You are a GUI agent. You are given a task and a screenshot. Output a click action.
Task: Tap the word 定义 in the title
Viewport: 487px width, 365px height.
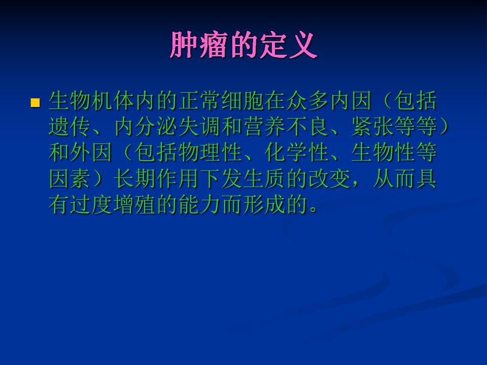pos(288,45)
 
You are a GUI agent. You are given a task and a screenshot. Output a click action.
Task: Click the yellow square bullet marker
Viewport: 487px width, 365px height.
pos(36,103)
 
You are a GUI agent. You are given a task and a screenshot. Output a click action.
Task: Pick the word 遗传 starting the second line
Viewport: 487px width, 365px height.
pos(70,127)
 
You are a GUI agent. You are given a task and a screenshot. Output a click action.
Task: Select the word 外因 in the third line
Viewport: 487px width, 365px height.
pos(92,153)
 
